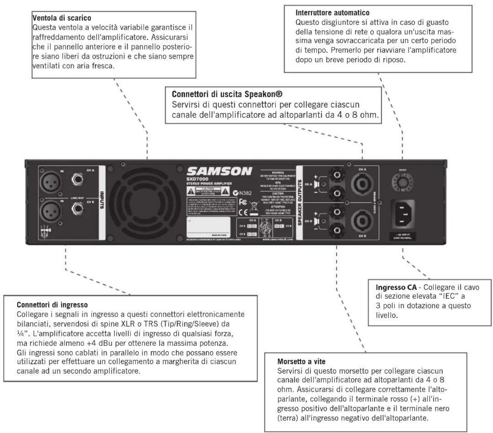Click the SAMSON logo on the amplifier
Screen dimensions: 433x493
(219, 171)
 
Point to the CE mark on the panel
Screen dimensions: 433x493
(242, 211)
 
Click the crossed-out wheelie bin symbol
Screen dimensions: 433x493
(253, 208)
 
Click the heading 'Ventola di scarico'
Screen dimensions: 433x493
(61, 18)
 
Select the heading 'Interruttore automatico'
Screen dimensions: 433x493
(332, 13)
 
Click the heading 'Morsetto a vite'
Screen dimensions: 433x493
(301, 361)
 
